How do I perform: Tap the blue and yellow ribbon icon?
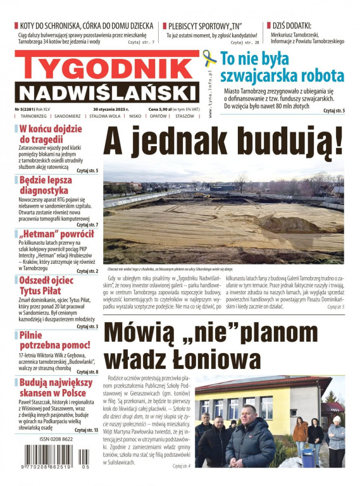tap(209, 60)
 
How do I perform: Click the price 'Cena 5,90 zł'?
tap(161, 109)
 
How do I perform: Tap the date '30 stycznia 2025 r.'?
tap(110, 109)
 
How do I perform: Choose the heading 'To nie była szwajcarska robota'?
tap(282, 68)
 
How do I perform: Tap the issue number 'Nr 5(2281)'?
tap(26, 109)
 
